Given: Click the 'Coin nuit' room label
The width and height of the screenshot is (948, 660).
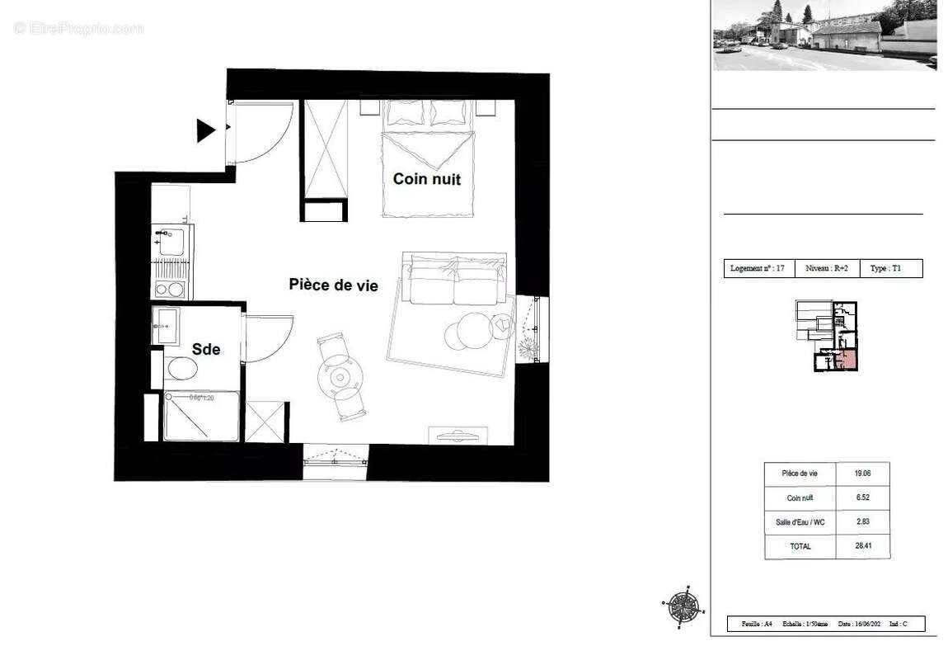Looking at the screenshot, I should [x=426, y=179].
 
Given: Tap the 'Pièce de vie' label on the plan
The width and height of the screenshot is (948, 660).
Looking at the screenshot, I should [x=333, y=285].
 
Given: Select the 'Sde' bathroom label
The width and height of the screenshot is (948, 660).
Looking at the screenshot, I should [x=206, y=350].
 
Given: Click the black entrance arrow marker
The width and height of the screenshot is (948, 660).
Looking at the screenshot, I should [x=205, y=130].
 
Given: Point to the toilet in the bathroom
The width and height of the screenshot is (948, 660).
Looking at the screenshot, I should [x=181, y=369].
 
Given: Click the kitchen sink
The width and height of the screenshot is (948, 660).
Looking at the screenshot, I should [x=172, y=242].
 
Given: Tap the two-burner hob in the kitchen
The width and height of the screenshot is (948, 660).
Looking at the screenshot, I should [x=171, y=290].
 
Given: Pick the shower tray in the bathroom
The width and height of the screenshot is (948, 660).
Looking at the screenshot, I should [x=202, y=417].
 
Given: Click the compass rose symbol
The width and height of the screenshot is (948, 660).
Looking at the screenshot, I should [x=683, y=607].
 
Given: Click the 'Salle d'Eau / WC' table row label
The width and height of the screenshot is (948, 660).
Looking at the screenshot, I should [x=800, y=522].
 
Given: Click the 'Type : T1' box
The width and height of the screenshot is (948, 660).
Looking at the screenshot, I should [x=890, y=269].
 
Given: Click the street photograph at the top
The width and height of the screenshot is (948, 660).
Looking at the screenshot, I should [x=824, y=35].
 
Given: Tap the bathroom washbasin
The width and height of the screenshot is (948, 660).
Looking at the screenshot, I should [x=166, y=327].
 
